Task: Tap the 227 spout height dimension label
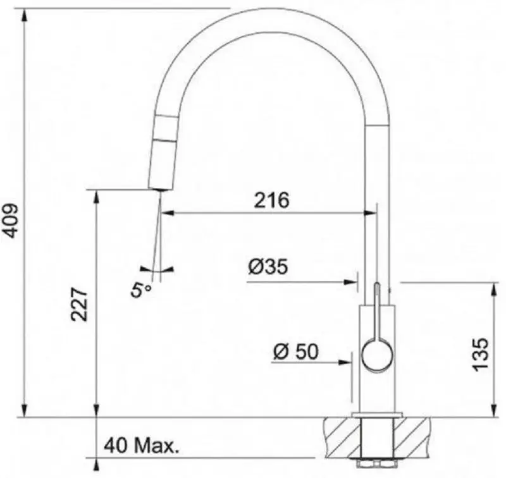79,304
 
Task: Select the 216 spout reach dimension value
271,200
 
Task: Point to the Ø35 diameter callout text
268,267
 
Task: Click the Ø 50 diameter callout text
296,352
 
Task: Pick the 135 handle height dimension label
480,354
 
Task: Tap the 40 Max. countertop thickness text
141,446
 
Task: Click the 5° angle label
140,289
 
